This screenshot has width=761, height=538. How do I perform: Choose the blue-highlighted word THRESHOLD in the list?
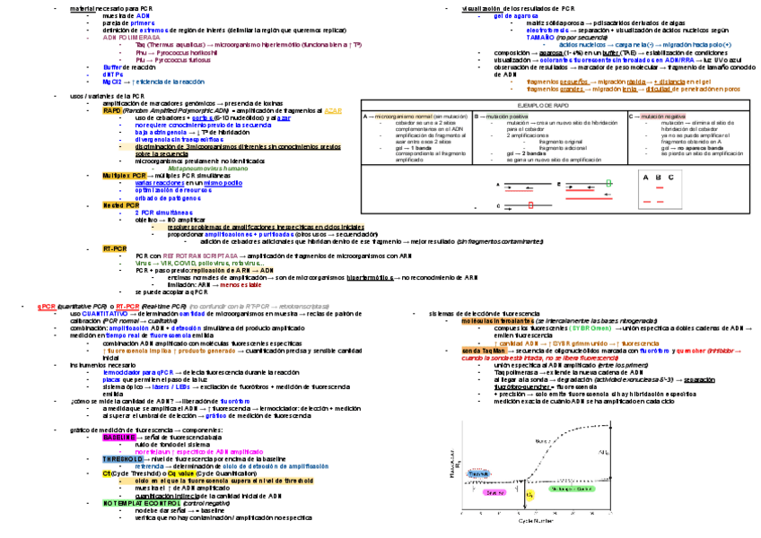click(122, 459)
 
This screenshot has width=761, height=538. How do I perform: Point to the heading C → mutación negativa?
click(658, 117)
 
